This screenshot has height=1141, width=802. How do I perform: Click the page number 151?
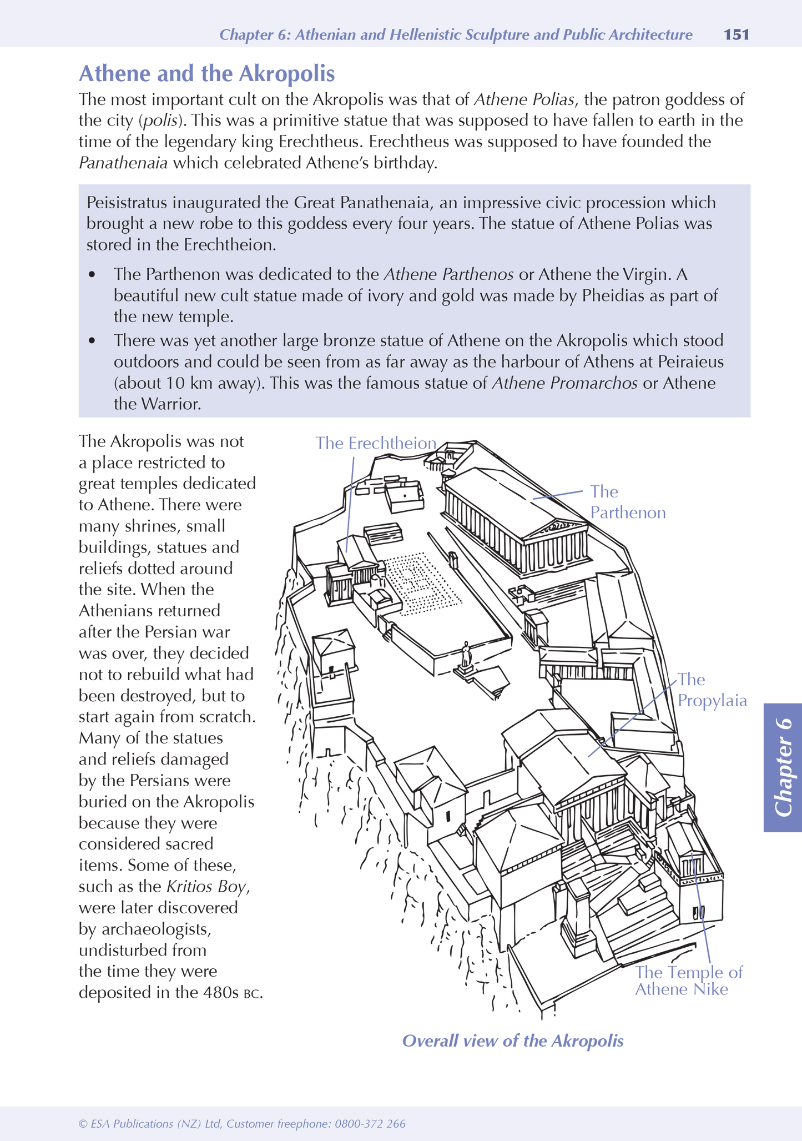(x=737, y=35)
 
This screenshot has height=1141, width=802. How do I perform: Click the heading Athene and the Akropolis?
(x=206, y=74)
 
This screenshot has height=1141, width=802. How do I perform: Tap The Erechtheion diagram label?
(x=376, y=443)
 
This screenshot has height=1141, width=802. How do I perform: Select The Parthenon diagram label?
(x=627, y=502)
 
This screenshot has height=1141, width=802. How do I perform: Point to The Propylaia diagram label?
(x=712, y=690)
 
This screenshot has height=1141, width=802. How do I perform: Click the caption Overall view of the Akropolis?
(x=512, y=1041)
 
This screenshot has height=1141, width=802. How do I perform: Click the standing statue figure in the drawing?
(x=466, y=655)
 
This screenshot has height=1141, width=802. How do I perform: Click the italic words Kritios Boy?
(x=206, y=887)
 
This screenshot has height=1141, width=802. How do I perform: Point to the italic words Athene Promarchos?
(x=564, y=383)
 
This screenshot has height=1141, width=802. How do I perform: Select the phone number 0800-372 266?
(x=369, y=1124)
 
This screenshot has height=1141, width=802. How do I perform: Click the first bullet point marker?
(x=92, y=275)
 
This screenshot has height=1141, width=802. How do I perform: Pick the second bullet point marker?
(x=92, y=340)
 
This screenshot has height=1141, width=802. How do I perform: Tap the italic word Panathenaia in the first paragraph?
(x=123, y=163)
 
